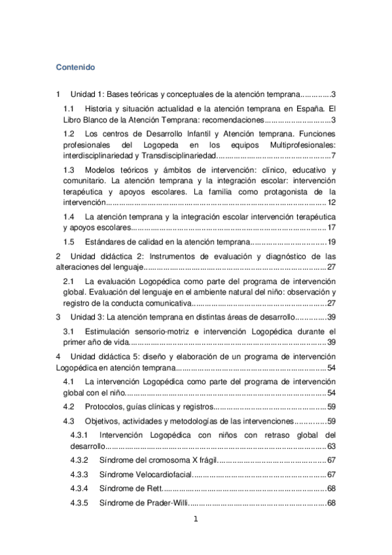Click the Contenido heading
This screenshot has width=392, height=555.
[75, 67]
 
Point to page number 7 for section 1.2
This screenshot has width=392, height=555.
[333, 156]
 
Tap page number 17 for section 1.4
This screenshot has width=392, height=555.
[331, 227]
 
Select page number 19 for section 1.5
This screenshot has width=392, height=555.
[331, 242]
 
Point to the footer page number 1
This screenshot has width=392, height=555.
[195, 521]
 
